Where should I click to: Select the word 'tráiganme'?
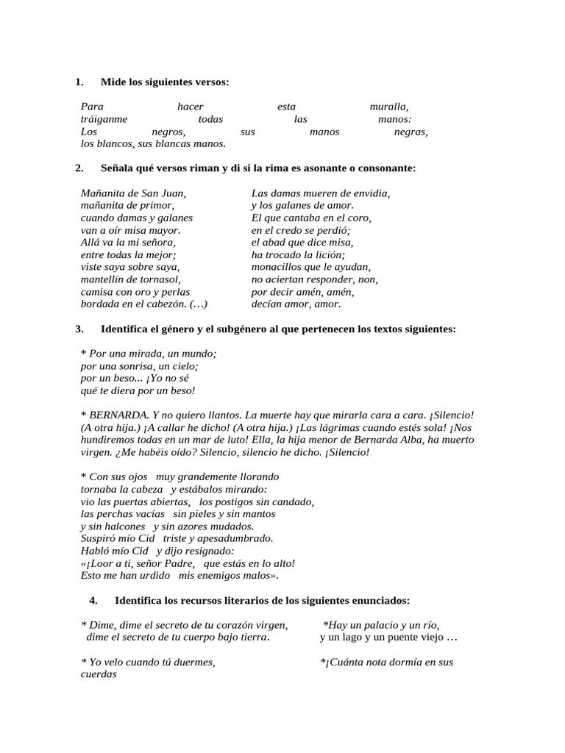pos(104,119)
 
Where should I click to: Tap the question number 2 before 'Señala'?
pos(79,168)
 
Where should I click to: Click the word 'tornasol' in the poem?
pos(156,279)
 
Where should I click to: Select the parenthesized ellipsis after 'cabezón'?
pos(198,304)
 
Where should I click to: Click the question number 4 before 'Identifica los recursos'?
pos(93,600)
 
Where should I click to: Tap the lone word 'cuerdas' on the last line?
pos(99,674)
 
